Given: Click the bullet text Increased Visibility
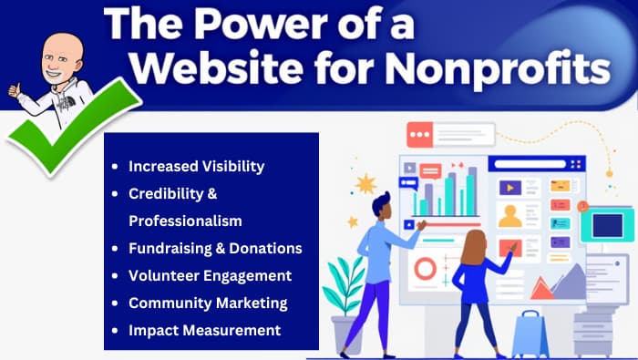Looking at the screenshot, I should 196,167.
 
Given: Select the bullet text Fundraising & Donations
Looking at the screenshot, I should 215,248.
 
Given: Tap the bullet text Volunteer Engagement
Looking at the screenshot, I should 210,275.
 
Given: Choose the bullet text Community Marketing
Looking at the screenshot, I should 208,303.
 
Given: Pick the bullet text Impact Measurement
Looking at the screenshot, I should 204,330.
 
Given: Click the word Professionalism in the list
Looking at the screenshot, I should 184,221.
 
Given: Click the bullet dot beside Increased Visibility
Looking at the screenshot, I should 114,167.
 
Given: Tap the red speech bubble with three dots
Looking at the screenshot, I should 421,136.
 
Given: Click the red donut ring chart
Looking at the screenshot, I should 425,268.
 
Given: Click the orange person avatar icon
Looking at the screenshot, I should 509,215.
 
